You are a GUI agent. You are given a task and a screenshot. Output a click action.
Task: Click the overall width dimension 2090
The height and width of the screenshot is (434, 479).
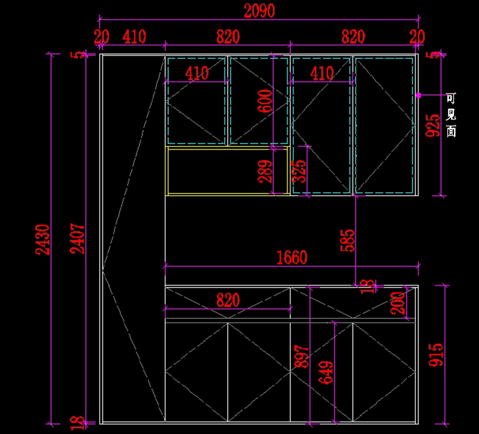(259, 11)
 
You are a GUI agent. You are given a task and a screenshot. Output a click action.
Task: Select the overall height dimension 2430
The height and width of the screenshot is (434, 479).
(43, 239)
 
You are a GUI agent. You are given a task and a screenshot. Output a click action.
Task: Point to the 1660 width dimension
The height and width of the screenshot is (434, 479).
(292, 258)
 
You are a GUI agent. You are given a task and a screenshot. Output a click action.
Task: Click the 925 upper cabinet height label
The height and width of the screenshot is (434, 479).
(433, 126)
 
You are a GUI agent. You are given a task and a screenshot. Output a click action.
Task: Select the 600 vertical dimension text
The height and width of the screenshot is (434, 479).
(267, 101)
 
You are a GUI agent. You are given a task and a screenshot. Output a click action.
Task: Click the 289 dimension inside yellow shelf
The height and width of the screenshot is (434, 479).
(266, 171)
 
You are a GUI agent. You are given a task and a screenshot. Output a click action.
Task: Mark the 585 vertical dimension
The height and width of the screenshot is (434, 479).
(347, 240)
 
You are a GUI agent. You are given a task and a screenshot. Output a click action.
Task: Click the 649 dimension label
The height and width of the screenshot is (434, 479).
(326, 372)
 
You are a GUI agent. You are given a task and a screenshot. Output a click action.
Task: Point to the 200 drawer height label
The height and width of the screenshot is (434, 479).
(399, 303)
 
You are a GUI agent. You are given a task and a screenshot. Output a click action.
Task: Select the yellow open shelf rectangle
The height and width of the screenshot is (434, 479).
(228, 171)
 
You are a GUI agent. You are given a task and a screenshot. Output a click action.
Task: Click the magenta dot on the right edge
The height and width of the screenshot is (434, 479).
(418, 95)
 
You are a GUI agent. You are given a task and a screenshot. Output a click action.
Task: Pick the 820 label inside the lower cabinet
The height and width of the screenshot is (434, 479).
(228, 300)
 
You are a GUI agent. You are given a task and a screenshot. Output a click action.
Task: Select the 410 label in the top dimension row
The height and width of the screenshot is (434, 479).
(135, 37)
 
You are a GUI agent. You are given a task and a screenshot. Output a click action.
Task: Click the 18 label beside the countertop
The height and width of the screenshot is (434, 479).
(368, 286)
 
